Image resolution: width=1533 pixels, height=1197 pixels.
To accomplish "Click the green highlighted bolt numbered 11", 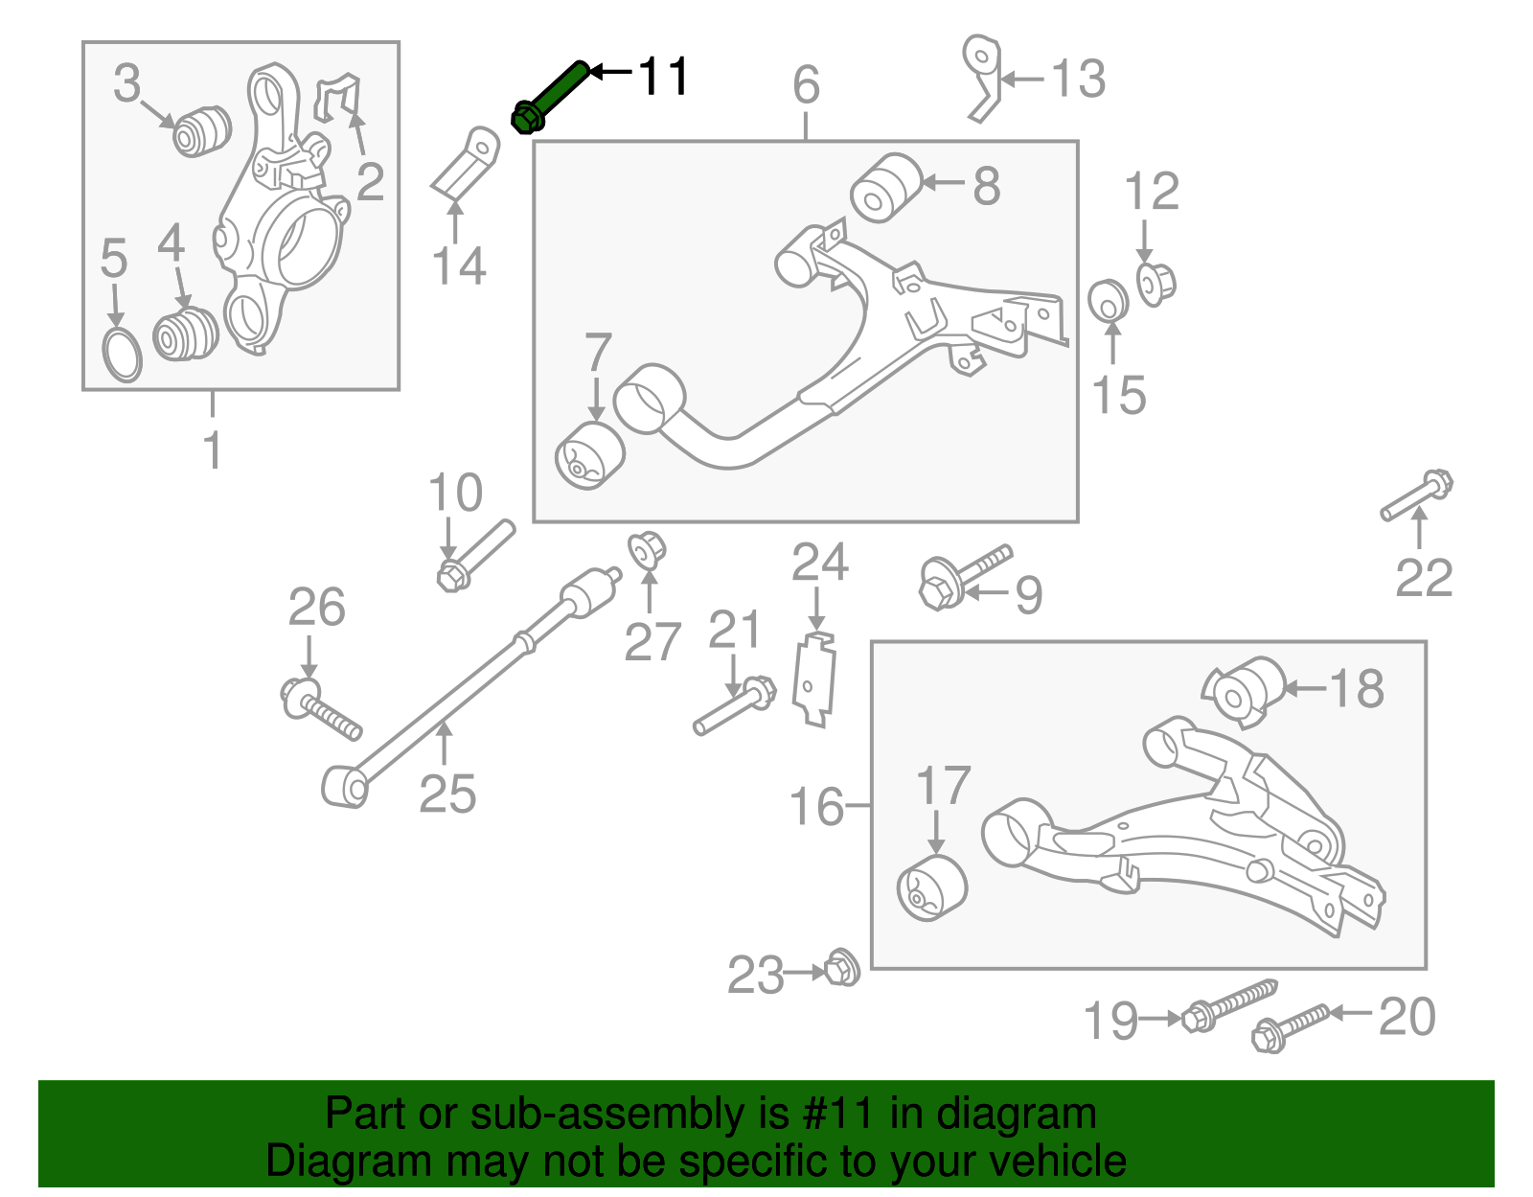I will coord(551,96).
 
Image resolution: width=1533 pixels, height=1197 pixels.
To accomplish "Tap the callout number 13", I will coord(1079,79).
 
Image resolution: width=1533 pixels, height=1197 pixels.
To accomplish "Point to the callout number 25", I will coord(447,794).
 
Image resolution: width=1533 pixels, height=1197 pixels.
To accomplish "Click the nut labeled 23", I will coord(842,969).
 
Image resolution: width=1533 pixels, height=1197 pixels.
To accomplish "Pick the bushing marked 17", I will coord(932,888).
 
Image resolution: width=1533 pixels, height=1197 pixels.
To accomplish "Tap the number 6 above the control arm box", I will coord(806,85).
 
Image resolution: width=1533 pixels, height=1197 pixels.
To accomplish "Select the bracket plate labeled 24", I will coord(814,679).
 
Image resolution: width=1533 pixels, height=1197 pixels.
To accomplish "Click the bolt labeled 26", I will coord(320,709).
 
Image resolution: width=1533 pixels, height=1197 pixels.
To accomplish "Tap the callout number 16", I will coord(816,806).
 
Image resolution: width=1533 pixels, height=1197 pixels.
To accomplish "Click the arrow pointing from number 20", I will coord(1353,1012).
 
